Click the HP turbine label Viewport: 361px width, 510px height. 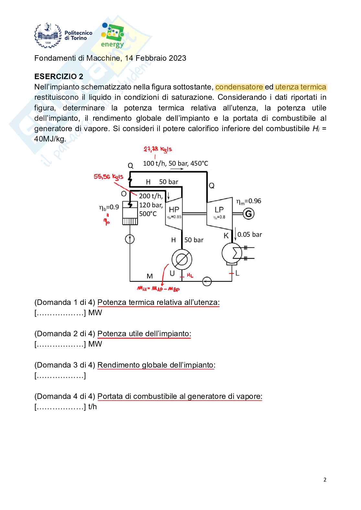pos(174,209)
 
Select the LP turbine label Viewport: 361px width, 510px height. pos(219,209)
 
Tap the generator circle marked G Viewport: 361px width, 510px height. pos(248,213)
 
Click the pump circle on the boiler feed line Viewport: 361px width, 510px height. pos(130,239)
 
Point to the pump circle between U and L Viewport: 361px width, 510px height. pos(207,281)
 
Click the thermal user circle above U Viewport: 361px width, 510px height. pos(181,259)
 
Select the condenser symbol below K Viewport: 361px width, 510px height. pos(232,253)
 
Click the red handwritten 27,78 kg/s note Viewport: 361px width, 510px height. pos(158,149)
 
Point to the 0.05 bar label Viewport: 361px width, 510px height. pos(249,234)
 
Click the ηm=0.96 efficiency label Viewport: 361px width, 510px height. pos(248,201)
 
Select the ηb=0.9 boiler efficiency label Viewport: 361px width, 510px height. pos(109,207)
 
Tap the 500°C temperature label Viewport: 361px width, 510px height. pos(148,214)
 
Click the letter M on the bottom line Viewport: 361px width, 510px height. pos(150,276)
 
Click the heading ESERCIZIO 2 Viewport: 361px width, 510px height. pos(59,77)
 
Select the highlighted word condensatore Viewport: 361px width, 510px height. pos(239,87)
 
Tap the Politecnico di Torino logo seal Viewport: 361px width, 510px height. pos(48,36)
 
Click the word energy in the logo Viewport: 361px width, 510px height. pos(112,44)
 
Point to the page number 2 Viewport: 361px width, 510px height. pos(325,480)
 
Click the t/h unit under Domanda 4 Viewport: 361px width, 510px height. pos(93,407)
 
